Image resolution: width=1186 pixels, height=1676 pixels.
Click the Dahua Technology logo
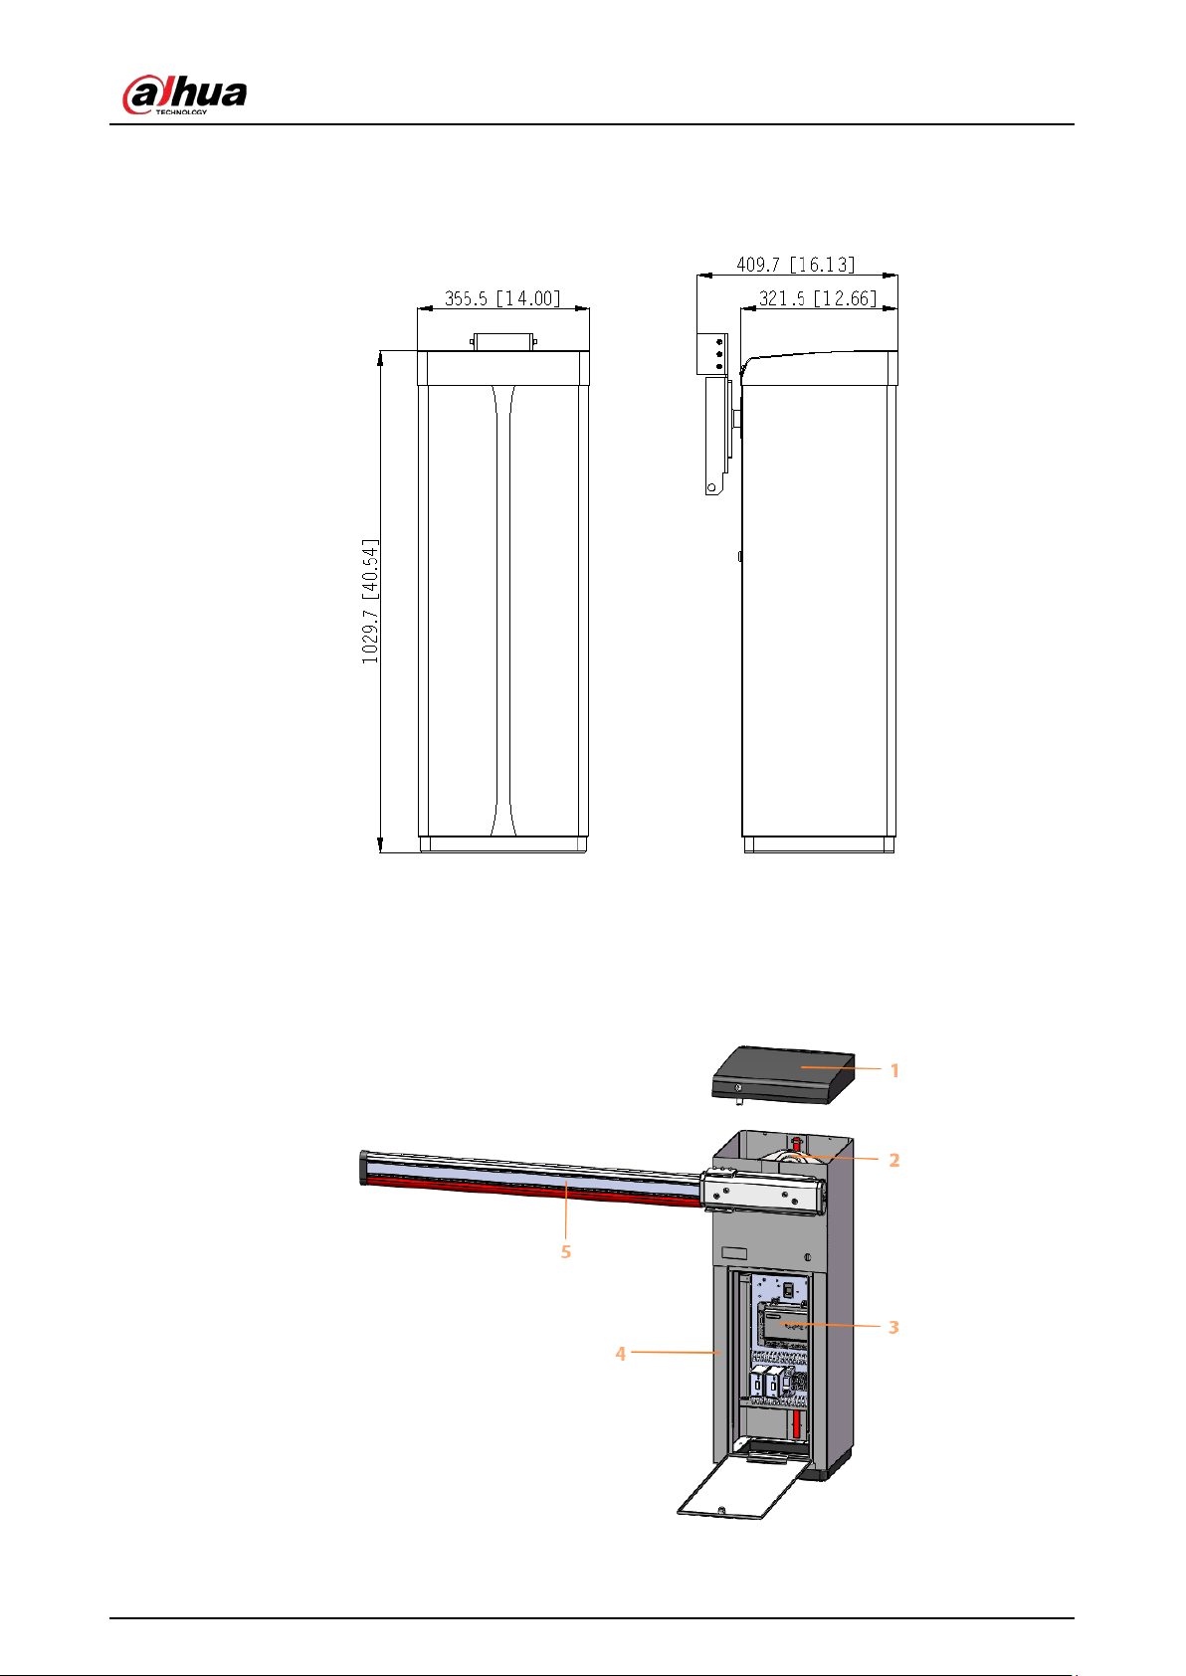point(184,95)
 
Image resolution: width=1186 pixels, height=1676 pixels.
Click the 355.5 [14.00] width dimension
point(502,298)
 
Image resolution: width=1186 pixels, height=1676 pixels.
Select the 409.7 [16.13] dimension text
point(795,265)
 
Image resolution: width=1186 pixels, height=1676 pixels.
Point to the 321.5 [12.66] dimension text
point(818,298)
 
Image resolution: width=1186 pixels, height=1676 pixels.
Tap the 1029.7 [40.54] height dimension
point(370,601)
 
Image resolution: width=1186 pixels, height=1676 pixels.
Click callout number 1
point(894,1070)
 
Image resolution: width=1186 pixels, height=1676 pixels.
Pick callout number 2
point(894,1160)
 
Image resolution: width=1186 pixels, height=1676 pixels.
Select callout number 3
point(893,1327)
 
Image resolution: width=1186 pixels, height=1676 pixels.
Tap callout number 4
point(620,1354)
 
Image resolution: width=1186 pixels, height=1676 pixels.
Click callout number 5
point(566,1251)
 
